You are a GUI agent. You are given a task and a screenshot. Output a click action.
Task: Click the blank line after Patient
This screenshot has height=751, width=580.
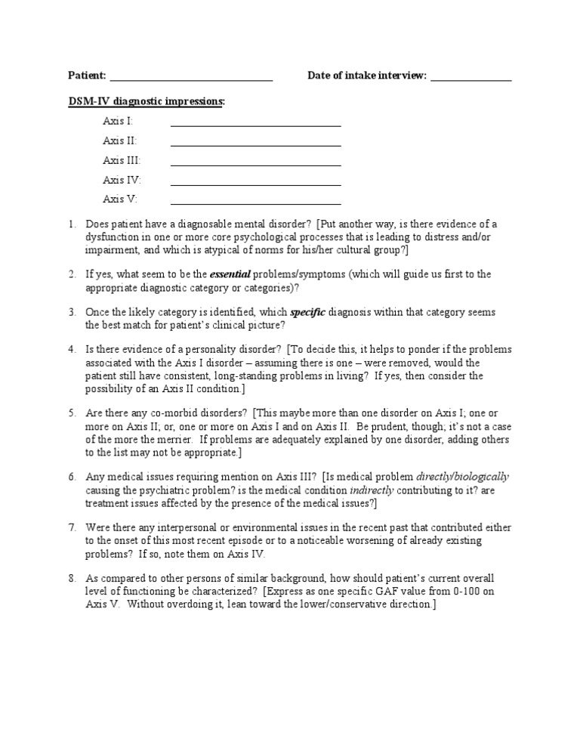pos(191,79)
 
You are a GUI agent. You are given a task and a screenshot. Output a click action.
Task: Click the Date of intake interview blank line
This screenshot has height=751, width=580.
pos(471,79)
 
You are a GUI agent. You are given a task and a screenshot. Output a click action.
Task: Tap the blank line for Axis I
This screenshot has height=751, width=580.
pos(255,125)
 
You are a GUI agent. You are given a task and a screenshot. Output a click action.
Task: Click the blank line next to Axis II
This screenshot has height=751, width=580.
pos(255,144)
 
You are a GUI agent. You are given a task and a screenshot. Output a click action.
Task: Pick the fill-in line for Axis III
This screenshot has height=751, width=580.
pos(255,164)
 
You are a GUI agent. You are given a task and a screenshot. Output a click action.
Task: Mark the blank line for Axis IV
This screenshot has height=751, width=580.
pos(255,184)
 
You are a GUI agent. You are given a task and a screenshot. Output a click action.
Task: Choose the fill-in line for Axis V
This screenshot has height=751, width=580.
pos(255,203)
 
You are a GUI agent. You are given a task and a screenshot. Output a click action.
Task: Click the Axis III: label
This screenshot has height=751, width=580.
pos(122,160)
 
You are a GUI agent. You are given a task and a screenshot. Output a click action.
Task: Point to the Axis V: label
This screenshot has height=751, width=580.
pos(120,199)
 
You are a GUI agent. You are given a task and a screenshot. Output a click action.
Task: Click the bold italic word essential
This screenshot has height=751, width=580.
pos(230,274)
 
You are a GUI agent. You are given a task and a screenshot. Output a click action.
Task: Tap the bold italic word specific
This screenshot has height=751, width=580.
pos(307,312)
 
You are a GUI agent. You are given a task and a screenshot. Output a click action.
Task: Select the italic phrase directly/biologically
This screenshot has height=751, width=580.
pos(462,477)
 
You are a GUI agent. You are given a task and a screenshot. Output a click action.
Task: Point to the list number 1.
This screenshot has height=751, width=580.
pos(72,224)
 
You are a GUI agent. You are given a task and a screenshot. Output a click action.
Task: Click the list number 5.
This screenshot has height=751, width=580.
pos(72,413)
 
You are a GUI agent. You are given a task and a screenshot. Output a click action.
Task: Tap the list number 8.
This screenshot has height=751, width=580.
pos(72,578)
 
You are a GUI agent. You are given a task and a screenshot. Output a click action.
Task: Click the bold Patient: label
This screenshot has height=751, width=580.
pos(88,76)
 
